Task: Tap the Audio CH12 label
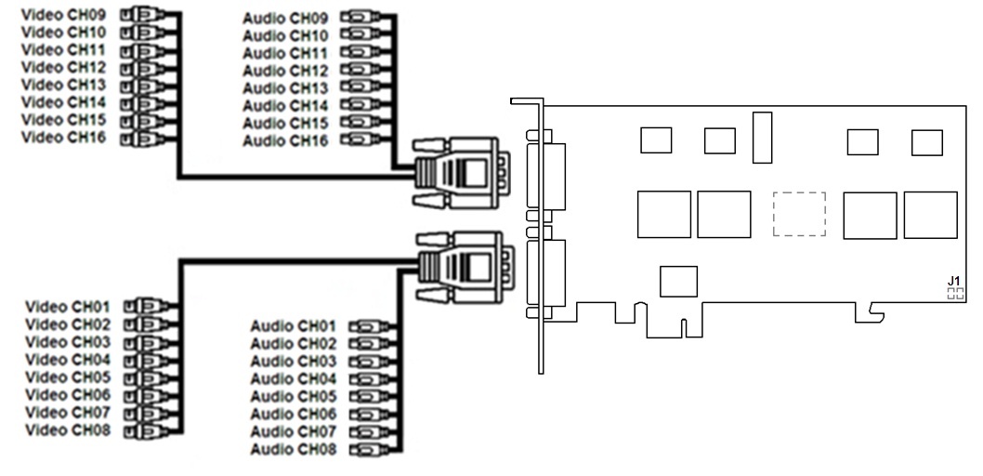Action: (x=286, y=71)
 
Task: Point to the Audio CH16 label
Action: (x=286, y=141)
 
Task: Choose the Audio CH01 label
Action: (x=293, y=326)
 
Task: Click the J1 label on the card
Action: (x=953, y=280)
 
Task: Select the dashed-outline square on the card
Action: (x=799, y=214)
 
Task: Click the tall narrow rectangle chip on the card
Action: (x=762, y=136)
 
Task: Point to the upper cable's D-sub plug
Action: (x=460, y=172)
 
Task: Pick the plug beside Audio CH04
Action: (x=366, y=379)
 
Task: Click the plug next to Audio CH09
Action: (x=361, y=18)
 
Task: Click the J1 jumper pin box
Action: (x=955, y=293)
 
